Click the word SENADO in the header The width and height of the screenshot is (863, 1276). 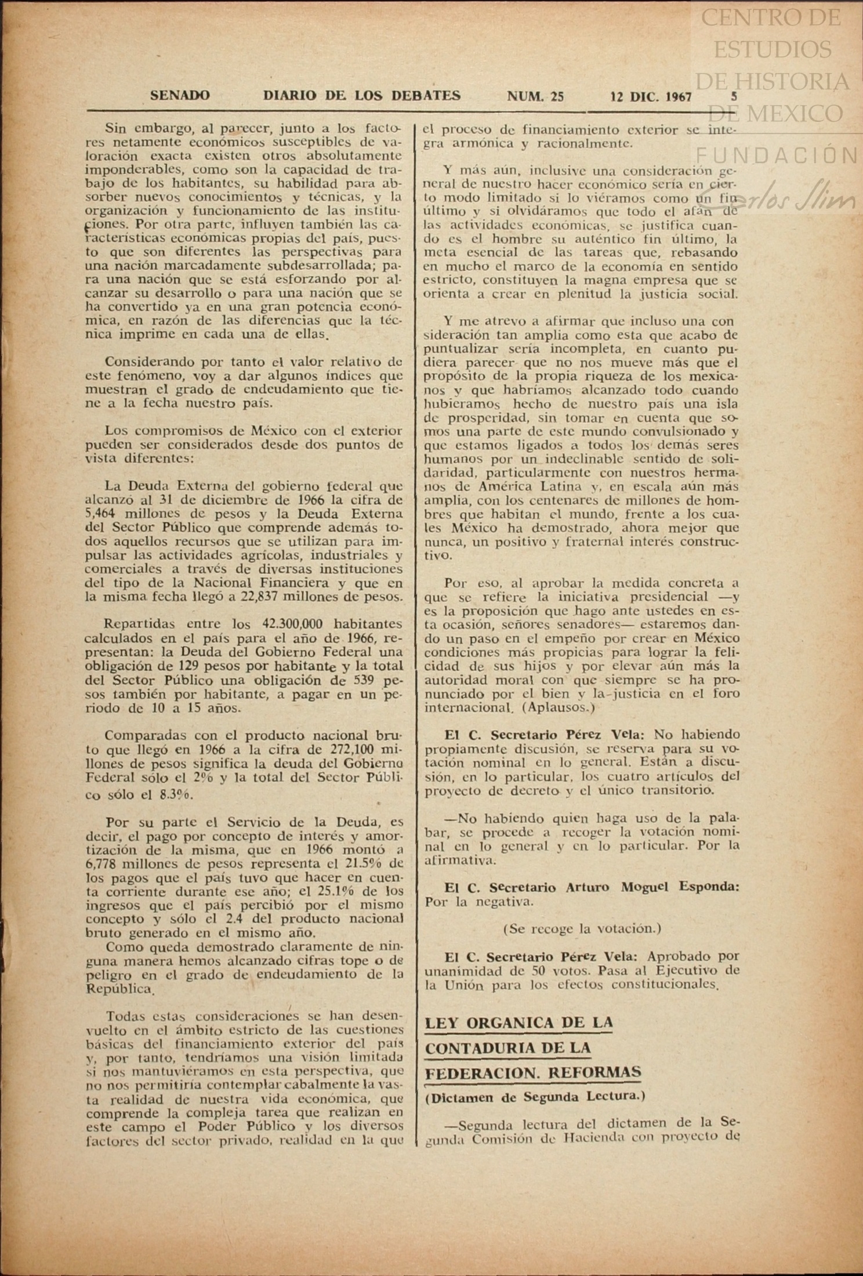point(179,96)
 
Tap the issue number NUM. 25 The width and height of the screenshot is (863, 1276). point(535,96)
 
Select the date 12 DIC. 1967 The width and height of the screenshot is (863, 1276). point(651,97)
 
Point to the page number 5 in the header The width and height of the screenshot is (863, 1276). point(734,96)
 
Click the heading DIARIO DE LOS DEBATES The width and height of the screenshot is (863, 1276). point(362,96)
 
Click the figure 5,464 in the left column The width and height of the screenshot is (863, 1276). point(103,514)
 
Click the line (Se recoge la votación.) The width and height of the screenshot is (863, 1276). point(582,928)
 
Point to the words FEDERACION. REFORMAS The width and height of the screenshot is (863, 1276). point(532,1073)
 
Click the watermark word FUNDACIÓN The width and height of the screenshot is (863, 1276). point(777,156)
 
